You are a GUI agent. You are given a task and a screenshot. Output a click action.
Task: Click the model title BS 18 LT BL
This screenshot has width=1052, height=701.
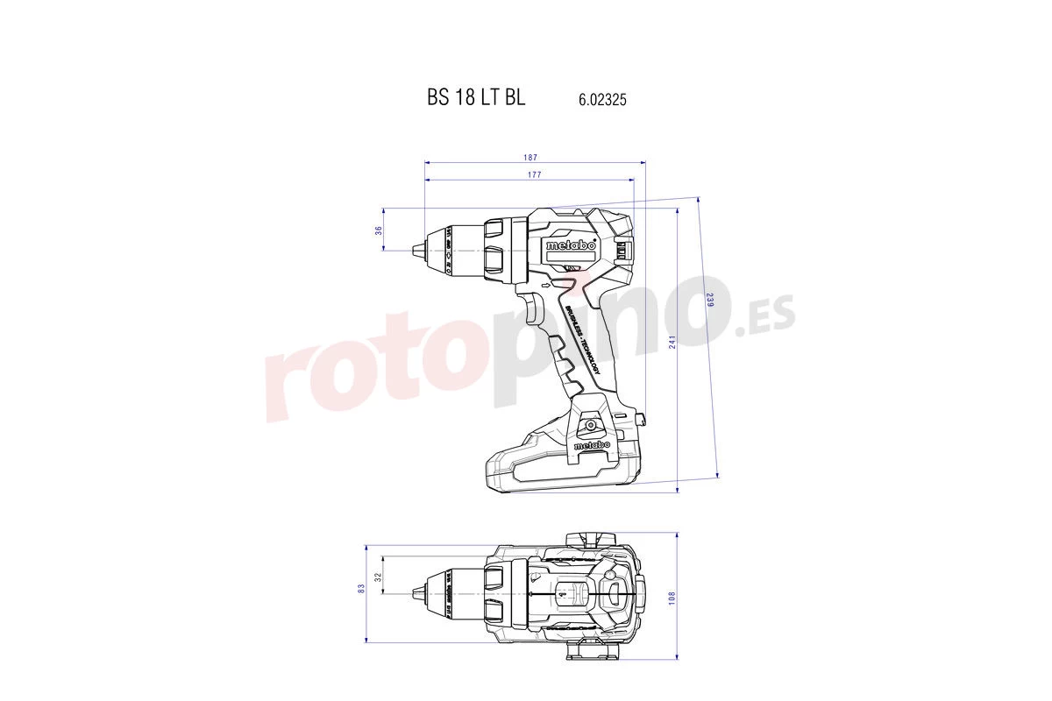coord(476,98)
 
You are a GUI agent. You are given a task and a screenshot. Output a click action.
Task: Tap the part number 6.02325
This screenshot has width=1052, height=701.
coord(601,100)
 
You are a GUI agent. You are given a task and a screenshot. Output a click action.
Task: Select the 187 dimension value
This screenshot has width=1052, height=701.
coord(530,158)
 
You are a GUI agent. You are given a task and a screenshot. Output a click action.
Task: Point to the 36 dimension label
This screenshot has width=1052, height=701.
coord(379,230)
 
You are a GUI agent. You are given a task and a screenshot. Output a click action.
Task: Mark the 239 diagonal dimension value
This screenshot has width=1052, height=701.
coord(708,300)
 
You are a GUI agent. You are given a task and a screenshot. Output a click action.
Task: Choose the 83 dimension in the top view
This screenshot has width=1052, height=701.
coord(360,589)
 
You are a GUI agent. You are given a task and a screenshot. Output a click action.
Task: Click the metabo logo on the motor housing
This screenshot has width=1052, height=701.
coord(571,246)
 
